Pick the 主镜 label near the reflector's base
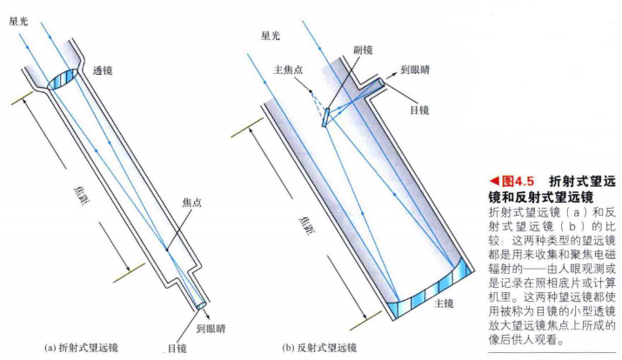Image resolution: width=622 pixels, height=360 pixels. (x=445, y=303)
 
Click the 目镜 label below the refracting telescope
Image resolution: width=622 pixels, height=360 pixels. (x=177, y=348)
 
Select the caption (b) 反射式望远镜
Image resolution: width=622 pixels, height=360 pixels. (x=319, y=348)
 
